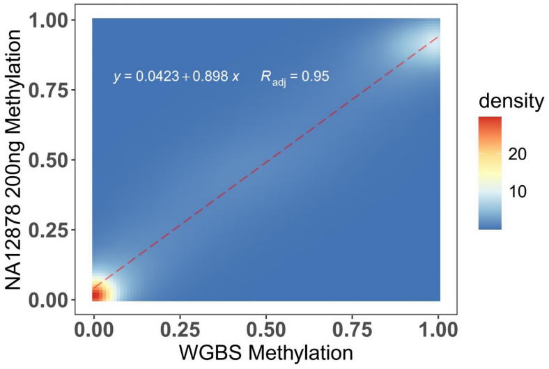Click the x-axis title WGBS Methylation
click(266, 352)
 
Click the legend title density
click(511, 102)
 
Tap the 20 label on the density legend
click(518, 154)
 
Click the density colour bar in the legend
click(490, 173)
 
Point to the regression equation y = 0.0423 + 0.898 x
click(176, 77)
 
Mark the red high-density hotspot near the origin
click(98, 294)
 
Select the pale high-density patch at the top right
click(426, 32)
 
